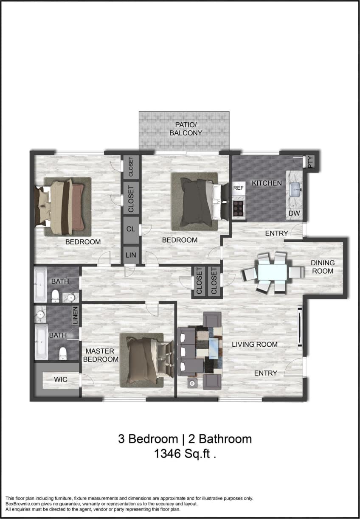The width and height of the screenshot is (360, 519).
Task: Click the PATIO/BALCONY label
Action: pos(186,129)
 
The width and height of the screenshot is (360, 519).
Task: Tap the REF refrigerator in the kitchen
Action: pos(239,187)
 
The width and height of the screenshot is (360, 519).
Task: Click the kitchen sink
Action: pos(295,188)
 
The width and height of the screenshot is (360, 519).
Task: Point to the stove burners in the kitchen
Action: pos(239,208)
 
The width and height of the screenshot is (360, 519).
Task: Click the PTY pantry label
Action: pos(310,162)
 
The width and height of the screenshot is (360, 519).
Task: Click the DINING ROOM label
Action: pos(323,267)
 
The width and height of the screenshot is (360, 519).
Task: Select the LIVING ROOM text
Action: pos(255,344)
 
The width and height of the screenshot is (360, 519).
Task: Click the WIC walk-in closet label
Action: pos(61,379)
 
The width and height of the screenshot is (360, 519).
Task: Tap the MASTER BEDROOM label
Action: pos(101,355)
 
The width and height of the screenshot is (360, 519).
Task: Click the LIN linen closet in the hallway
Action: pos(131,255)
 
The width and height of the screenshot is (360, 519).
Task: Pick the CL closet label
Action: pos(131,229)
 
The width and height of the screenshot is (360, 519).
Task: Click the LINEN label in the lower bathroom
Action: pos(75,315)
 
